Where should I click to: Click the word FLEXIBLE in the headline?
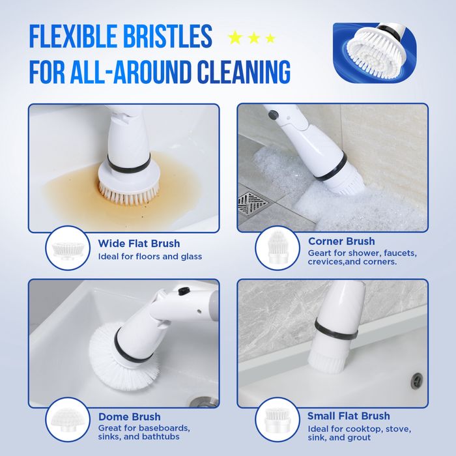(x=73, y=36)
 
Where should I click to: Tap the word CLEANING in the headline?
(x=244, y=72)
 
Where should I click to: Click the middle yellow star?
(x=254, y=38)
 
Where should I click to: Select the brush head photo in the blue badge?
(x=375, y=52)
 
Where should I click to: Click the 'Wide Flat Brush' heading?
(x=139, y=244)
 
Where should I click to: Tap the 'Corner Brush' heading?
(x=341, y=241)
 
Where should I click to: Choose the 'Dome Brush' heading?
(x=130, y=417)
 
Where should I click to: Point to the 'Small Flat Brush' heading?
(x=349, y=416)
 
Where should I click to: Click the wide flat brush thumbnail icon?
(x=68, y=248)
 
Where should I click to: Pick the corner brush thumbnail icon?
(x=278, y=247)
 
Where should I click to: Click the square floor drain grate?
(x=253, y=203)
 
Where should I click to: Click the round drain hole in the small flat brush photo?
(x=417, y=380)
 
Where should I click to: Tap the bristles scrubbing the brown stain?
(x=129, y=193)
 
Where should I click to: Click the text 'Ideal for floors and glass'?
(x=150, y=257)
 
